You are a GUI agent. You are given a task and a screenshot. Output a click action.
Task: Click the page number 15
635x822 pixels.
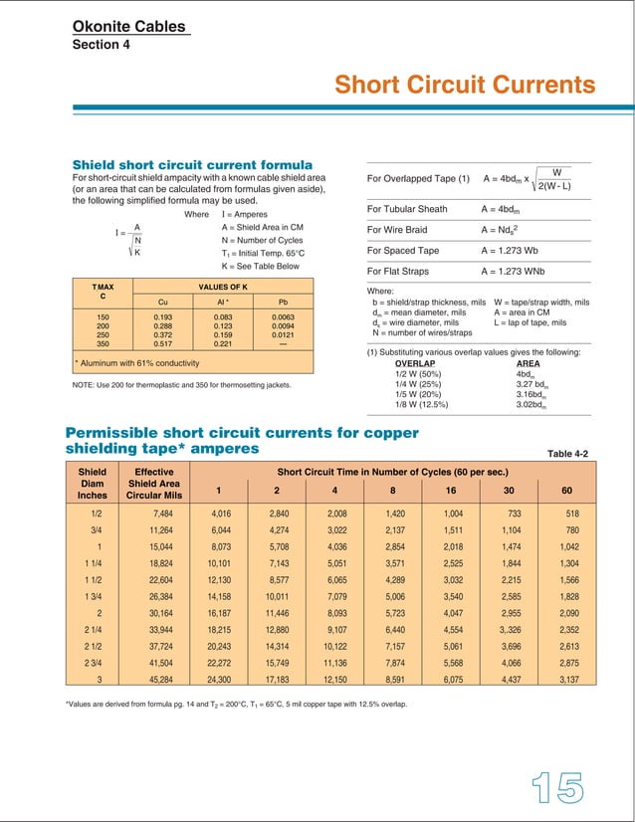click(x=555, y=788)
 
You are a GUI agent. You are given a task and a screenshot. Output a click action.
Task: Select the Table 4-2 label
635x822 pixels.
click(x=568, y=454)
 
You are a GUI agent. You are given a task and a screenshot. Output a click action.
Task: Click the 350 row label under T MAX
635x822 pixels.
click(x=103, y=343)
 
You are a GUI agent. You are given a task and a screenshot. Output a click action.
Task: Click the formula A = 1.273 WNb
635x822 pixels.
click(x=521, y=270)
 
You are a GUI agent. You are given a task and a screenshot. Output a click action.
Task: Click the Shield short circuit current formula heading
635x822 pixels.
click(x=193, y=164)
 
